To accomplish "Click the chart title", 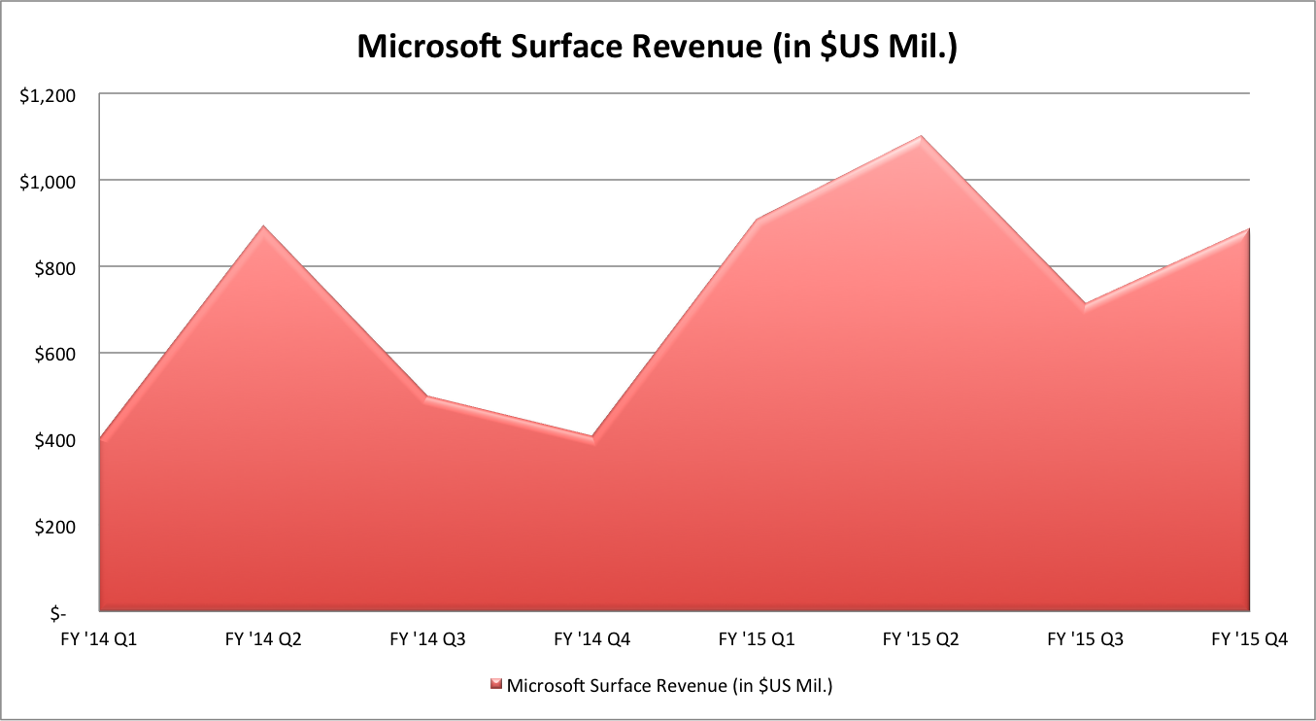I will click(x=658, y=47).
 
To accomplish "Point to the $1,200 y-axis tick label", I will click(x=47, y=95).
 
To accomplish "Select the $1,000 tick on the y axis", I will click(x=47, y=182).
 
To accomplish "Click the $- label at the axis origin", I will click(x=60, y=613).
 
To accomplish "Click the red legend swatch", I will click(x=495, y=685).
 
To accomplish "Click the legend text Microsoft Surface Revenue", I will click(x=670, y=685).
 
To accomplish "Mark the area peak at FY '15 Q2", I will click(x=921, y=137).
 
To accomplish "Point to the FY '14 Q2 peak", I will click(x=264, y=227).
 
